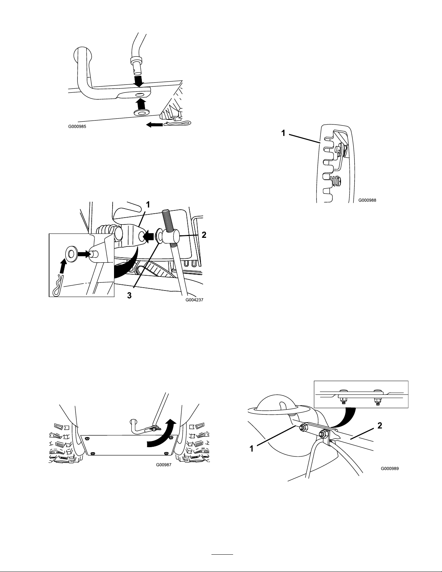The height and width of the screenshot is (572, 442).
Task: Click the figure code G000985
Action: point(77,127)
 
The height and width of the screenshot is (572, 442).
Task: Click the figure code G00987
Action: point(163,465)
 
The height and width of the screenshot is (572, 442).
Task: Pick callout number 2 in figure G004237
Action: point(204,235)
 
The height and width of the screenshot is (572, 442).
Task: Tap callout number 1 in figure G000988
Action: point(284,133)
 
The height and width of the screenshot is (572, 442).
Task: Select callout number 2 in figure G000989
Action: point(379,426)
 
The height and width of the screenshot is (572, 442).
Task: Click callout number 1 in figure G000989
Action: point(252,449)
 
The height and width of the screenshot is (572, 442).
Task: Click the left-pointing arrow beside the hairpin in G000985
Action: point(154,125)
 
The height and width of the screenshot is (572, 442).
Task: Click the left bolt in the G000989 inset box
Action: point(342,397)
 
